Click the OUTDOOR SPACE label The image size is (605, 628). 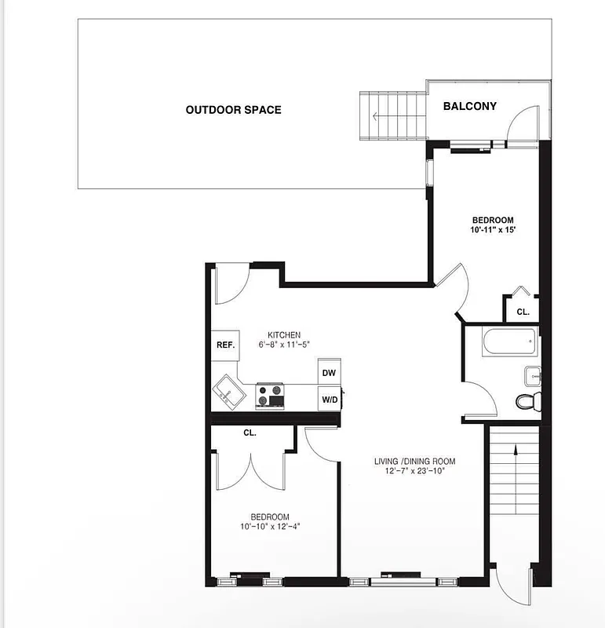click(233, 110)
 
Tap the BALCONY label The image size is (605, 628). click(469, 106)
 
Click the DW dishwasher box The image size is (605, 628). click(329, 374)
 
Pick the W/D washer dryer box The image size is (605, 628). click(329, 400)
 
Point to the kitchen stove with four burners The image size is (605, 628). click(270, 395)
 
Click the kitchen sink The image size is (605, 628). click(228, 390)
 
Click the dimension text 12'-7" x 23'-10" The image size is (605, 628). click(414, 472)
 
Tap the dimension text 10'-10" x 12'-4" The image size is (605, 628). click(271, 526)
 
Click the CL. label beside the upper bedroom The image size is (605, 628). click(522, 312)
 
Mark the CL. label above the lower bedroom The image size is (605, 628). click(250, 433)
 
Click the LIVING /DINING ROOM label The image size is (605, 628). click(414, 461)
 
